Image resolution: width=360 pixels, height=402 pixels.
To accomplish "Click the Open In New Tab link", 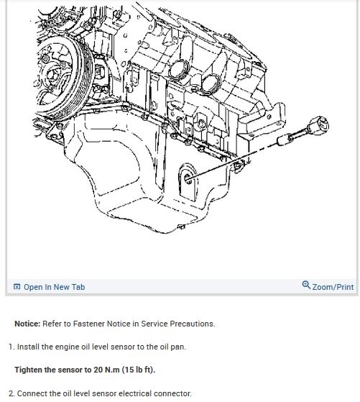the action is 54,287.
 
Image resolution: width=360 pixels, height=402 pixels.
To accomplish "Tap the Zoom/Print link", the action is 333,287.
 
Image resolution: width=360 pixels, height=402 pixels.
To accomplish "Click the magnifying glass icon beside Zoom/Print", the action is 306,285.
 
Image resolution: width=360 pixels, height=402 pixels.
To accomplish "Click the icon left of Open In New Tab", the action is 17,287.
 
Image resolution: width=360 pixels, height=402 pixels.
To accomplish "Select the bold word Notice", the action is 27,324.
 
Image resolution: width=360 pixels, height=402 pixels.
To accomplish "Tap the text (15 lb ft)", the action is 139,370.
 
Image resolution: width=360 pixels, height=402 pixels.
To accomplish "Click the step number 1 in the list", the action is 11,347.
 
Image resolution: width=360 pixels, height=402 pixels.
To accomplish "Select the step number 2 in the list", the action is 11,393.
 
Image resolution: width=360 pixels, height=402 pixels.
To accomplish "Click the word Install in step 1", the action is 28,347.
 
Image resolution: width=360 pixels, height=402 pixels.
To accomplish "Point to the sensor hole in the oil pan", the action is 188,178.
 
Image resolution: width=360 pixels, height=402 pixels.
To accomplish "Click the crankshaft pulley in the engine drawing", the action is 62,77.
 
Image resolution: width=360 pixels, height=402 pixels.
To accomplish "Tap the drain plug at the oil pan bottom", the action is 181,227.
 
